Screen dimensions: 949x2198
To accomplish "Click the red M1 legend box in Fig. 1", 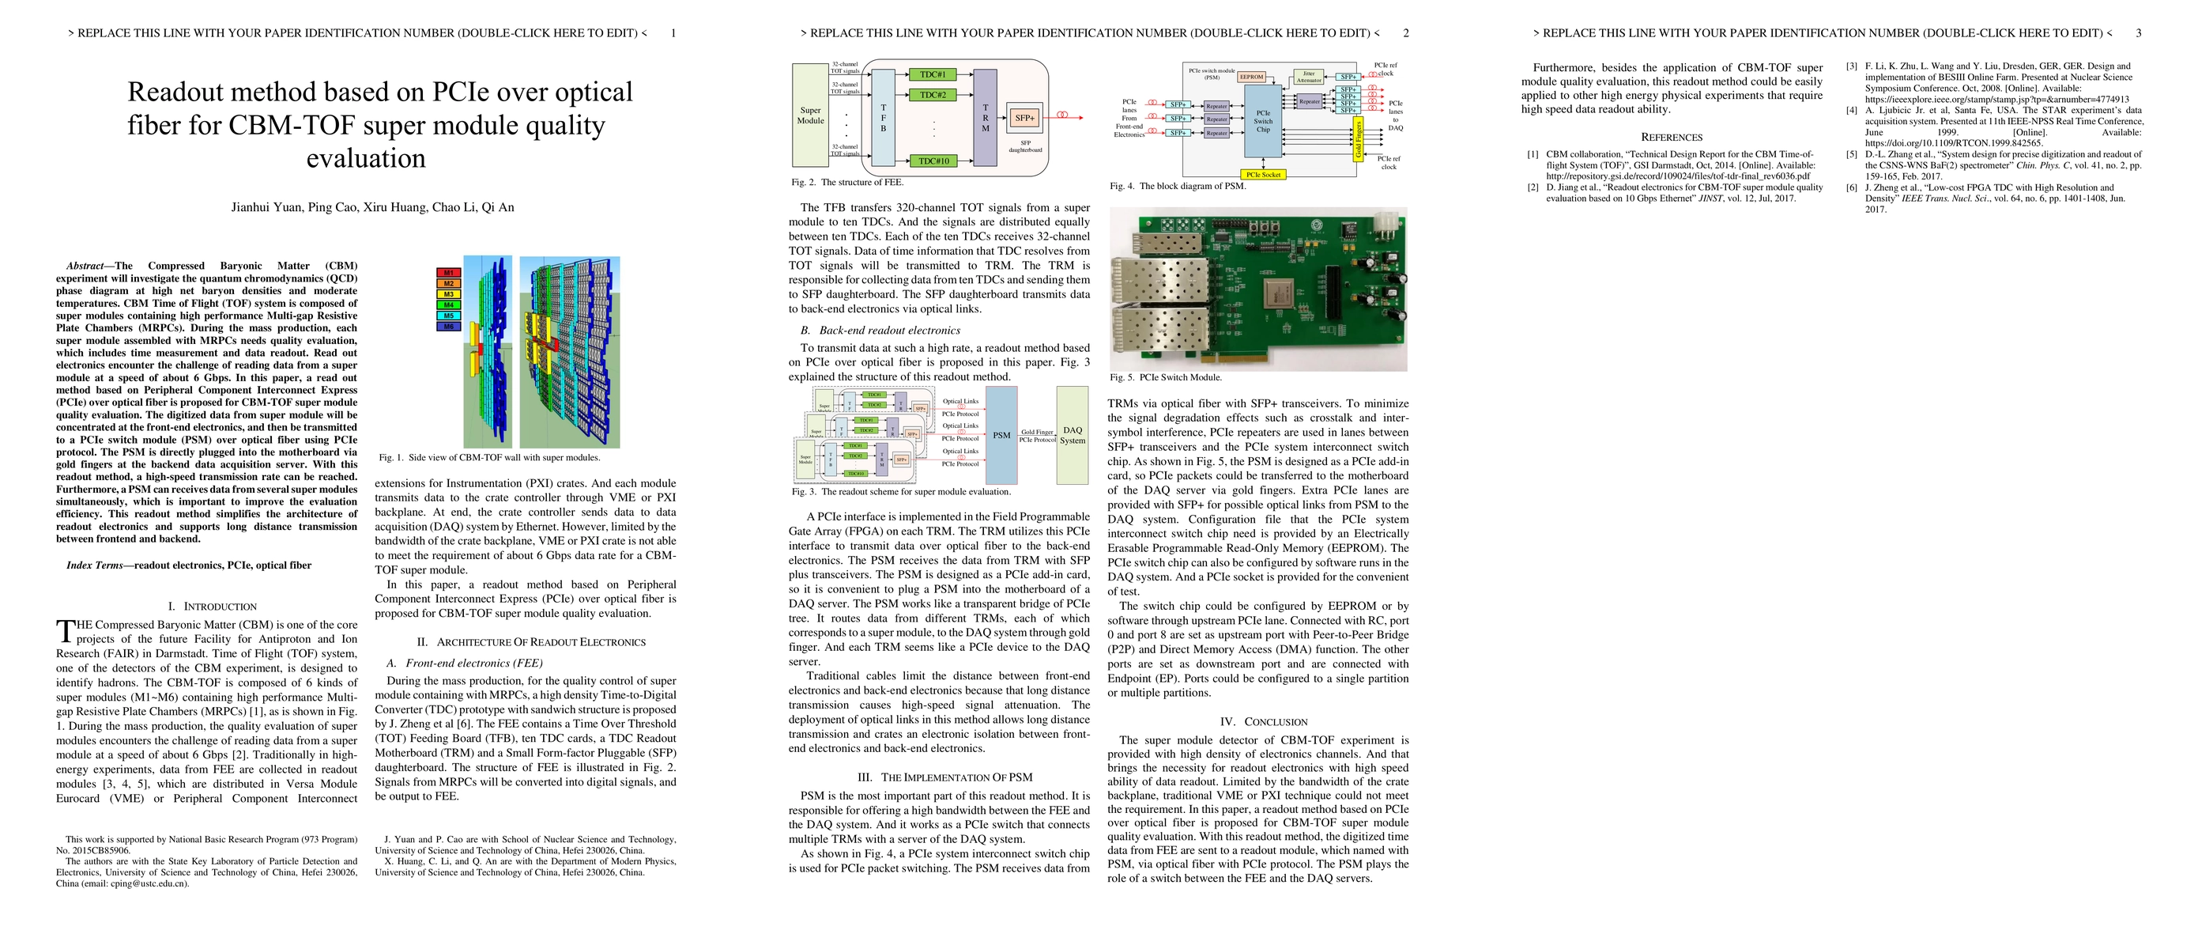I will (449, 273).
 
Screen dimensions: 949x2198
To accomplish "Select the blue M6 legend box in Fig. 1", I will (449, 326).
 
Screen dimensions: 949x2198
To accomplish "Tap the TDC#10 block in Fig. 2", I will (933, 161).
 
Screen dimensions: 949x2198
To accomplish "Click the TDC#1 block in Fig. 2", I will (933, 74).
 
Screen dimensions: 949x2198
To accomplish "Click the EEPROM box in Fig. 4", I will (1252, 77).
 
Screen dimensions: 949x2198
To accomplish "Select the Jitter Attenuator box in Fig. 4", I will (1309, 76).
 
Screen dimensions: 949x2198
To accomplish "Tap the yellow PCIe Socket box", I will (1264, 174).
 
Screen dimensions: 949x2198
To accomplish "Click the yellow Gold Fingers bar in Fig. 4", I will (1359, 139).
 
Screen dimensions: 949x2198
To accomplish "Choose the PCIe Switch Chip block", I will (1263, 120).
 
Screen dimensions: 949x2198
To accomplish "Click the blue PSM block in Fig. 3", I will (1001, 435).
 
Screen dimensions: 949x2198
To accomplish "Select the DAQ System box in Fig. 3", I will (1073, 435).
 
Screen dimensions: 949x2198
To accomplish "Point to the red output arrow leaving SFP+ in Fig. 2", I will (1071, 117).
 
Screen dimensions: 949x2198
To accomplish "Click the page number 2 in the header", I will (1406, 33).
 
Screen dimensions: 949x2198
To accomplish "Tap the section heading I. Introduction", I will (213, 606).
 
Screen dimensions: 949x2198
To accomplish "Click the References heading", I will (1672, 138).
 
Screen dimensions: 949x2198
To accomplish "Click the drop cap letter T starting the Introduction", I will (65, 632).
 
